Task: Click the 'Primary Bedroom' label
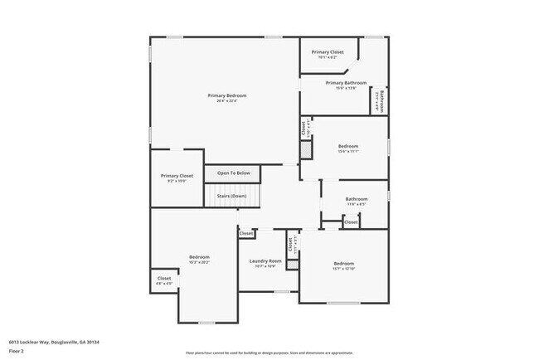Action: (226, 95)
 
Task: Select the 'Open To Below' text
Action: (233, 173)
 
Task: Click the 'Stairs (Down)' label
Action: (232, 196)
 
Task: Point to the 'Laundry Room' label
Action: (265, 261)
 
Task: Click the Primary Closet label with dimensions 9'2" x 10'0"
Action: (177, 176)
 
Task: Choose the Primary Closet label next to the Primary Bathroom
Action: (328, 52)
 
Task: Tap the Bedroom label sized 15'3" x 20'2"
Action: (199, 257)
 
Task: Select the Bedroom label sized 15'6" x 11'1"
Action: (347, 146)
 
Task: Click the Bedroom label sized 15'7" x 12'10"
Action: (343, 263)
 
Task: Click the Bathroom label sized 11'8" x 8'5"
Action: (357, 198)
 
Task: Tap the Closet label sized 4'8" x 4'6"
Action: (164, 279)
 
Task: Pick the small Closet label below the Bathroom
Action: (351, 222)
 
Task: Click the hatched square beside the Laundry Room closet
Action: (292, 265)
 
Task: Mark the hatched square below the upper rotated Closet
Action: (305, 149)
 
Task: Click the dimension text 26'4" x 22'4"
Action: (226, 101)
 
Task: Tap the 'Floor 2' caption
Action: (16, 351)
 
